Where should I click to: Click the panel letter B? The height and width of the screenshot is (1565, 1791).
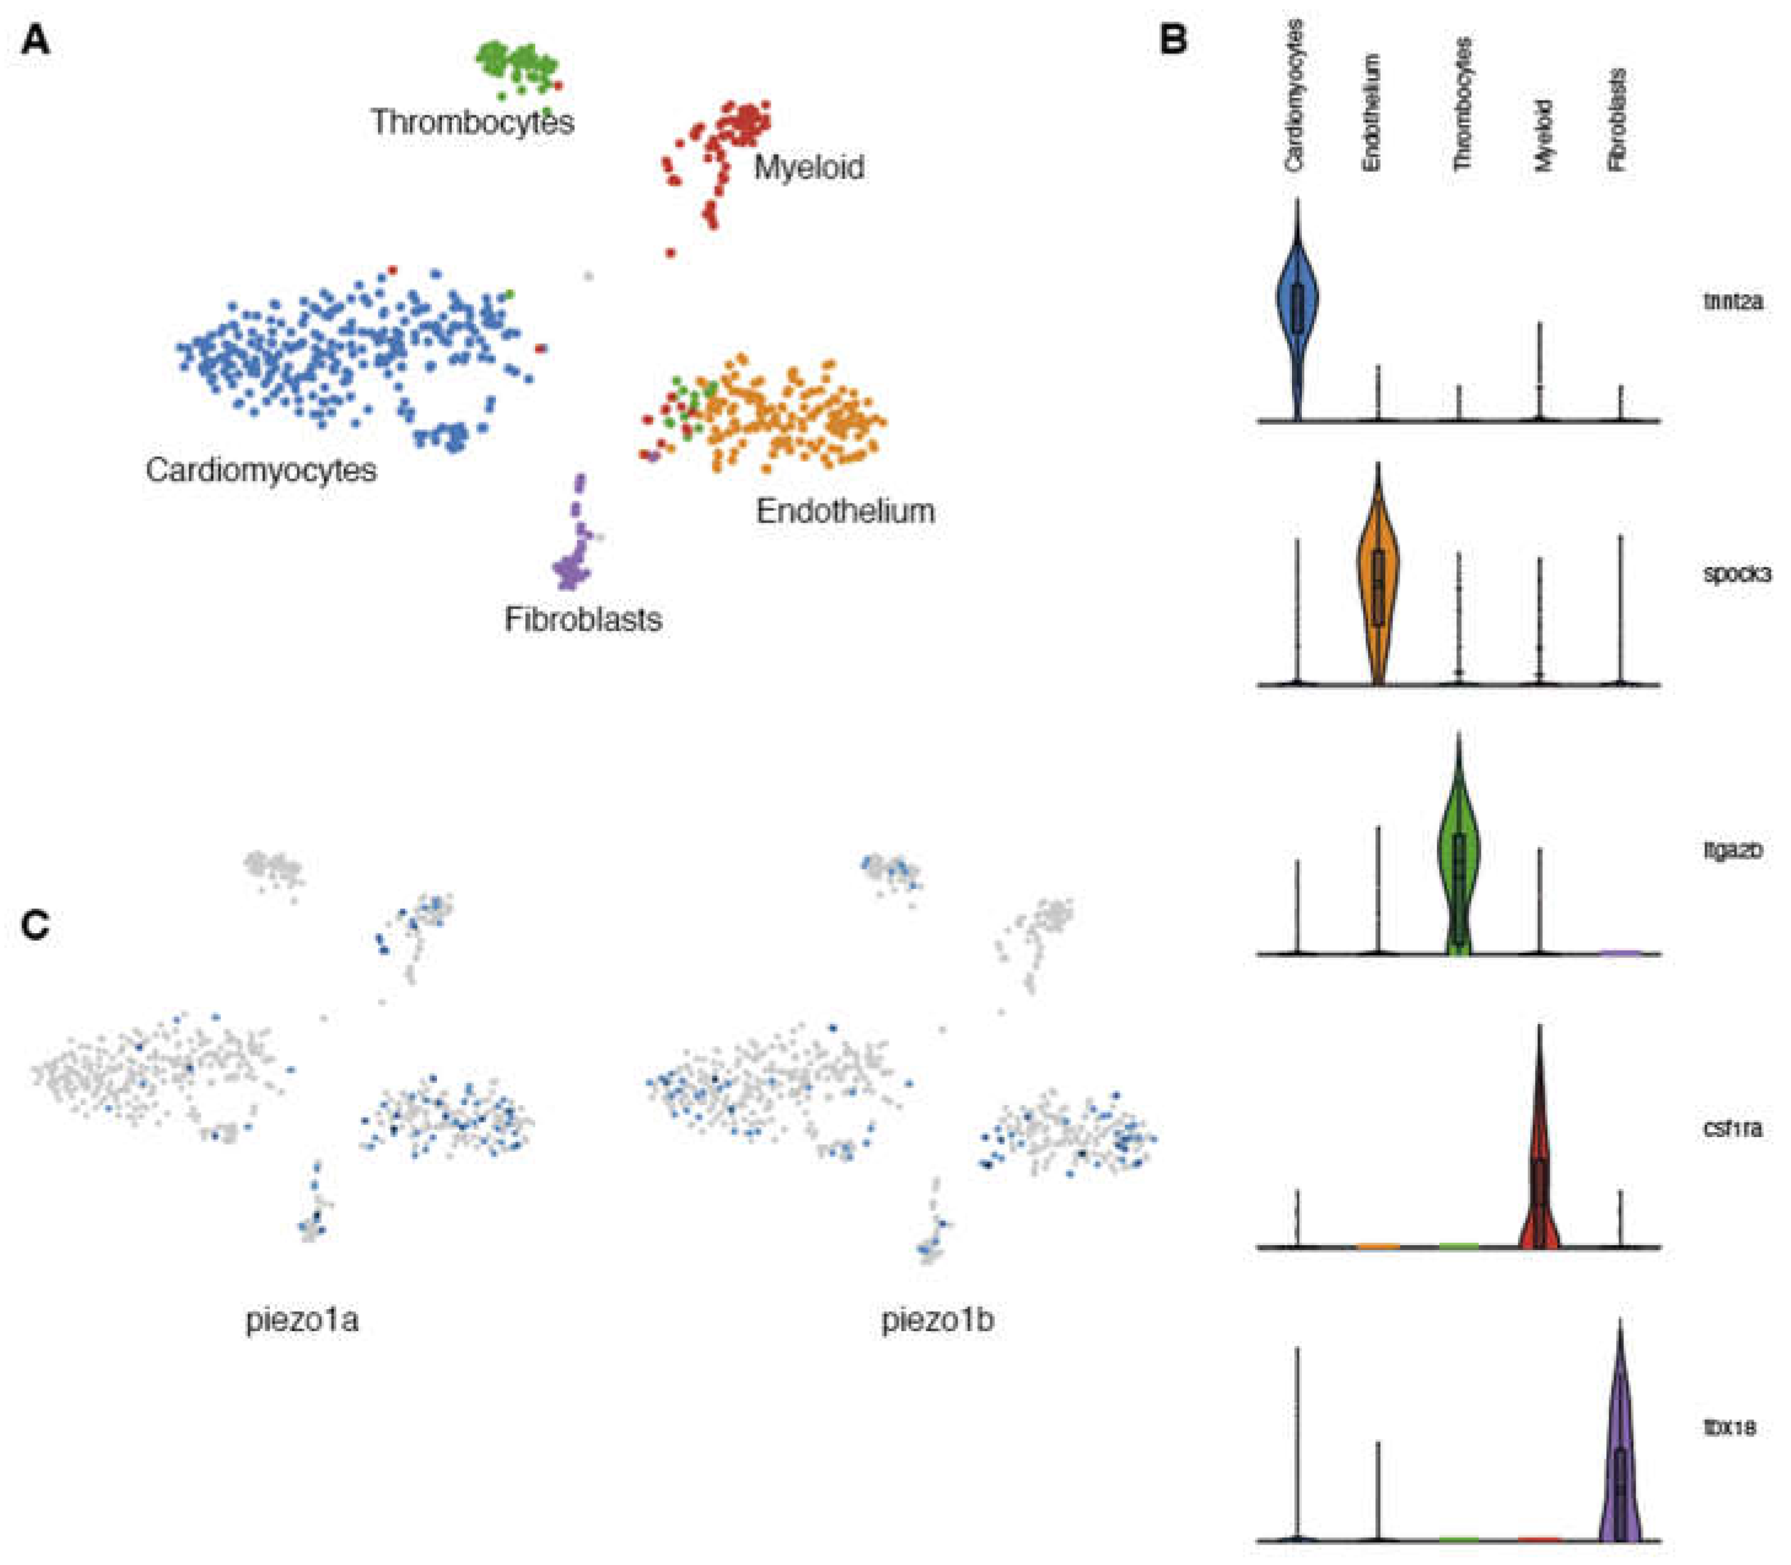[x=1174, y=40]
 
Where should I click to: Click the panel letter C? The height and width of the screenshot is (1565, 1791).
[x=36, y=925]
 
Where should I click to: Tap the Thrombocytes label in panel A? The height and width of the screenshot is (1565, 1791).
[x=473, y=122]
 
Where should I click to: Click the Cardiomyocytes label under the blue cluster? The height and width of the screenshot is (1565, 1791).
[x=261, y=471]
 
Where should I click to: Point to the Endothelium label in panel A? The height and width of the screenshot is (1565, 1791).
[x=845, y=511]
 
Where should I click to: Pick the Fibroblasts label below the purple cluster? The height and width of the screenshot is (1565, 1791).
[x=583, y=620]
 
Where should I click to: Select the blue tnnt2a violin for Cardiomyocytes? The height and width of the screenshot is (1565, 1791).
[x=1297, y=306]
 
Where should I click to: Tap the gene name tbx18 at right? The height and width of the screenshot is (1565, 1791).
[x=1730, y=1428]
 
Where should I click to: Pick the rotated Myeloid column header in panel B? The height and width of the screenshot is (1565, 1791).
[x=1544, y=134]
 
